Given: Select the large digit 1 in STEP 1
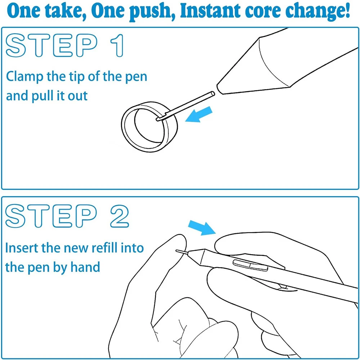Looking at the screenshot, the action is (x=117, y=45).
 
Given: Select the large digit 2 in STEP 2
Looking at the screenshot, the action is (x=120, y=216).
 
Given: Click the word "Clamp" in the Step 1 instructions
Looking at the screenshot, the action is (x=24, y=77).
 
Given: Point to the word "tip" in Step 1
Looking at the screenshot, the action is (x=77, y=77).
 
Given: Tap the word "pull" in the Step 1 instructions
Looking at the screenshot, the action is (x=42, y=96).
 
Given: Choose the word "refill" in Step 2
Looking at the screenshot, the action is (x=105, y=248).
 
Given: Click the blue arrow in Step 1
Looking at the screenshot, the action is (x=199, y=114).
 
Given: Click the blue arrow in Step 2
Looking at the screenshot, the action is (x=202, y=228).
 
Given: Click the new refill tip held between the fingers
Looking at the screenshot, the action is (x=182, y=252).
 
